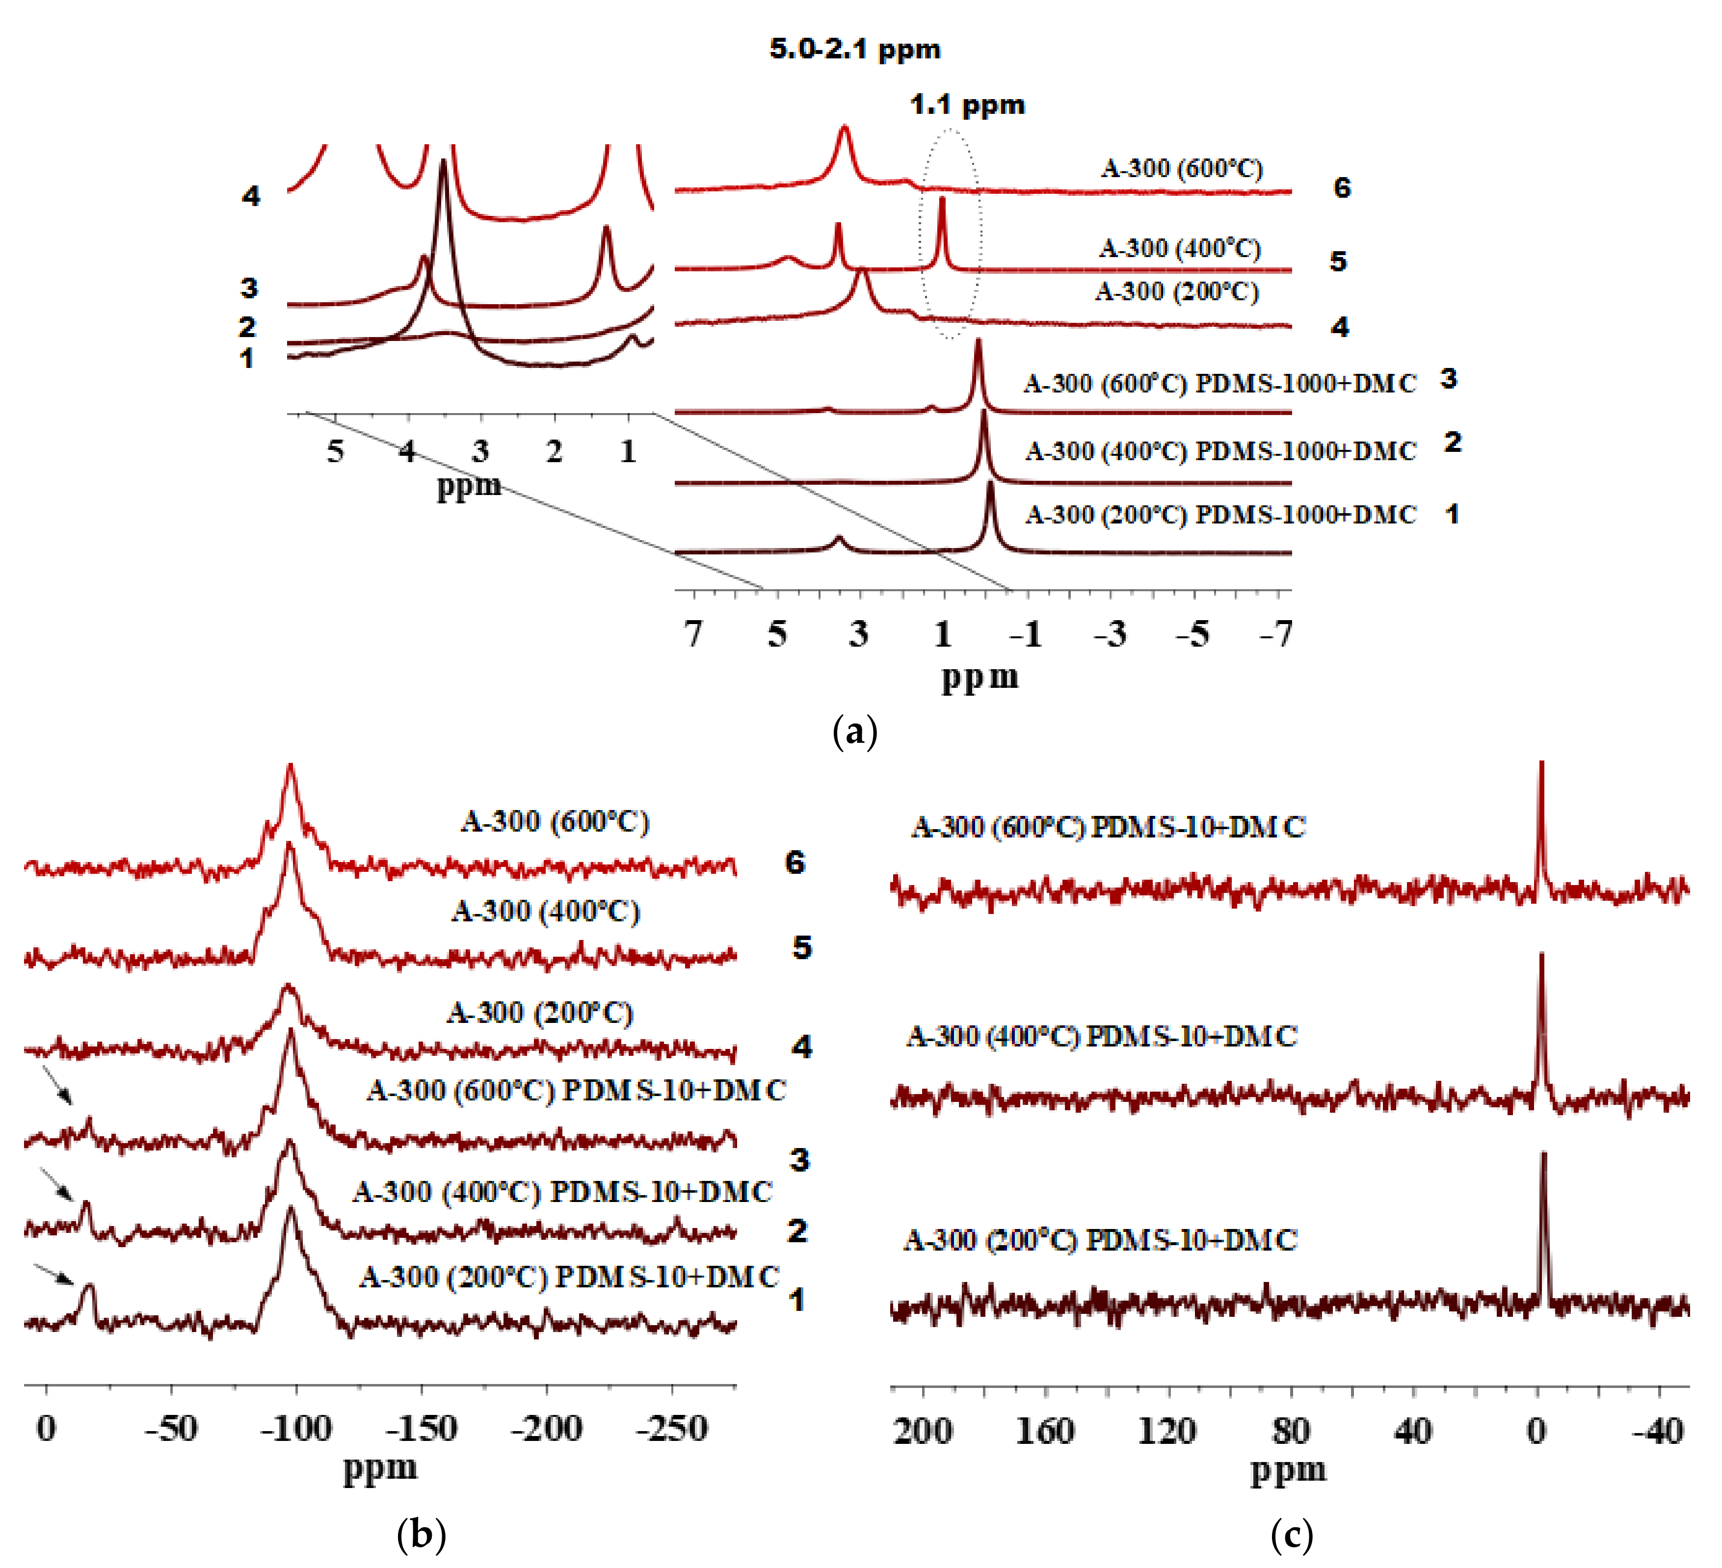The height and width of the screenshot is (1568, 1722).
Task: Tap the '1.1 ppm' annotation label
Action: [967, 105]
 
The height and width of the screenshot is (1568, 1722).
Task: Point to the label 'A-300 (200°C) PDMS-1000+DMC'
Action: [1220, 514]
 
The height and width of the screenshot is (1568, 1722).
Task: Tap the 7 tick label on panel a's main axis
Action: [693, 634]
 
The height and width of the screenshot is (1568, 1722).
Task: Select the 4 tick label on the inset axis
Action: [407, 450]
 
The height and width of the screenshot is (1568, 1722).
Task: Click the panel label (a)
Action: [854, 732]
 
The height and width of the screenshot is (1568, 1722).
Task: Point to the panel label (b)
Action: [421, 1535]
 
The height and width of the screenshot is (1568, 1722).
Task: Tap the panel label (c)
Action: [1292, 1535]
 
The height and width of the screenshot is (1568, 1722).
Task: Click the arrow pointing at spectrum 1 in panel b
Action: [54, 1274]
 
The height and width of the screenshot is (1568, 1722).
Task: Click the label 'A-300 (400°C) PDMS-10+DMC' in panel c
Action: [1102, 1036]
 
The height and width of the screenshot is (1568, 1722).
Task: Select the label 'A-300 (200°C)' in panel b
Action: [540, 1013]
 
